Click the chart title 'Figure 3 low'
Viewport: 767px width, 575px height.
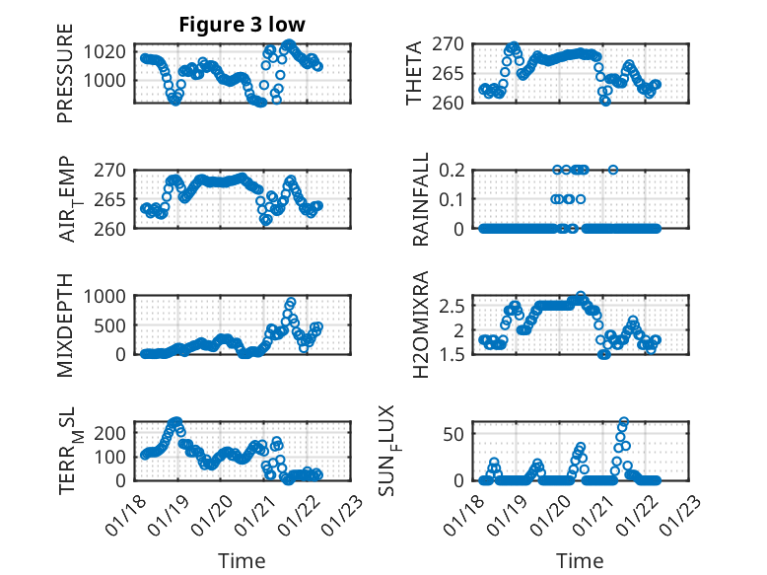[242, 25]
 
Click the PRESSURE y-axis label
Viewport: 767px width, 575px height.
[65, 80]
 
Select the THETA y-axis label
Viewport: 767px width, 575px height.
[415, 73]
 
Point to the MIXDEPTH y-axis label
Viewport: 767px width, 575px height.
[65, 324]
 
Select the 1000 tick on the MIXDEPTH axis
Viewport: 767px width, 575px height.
[109, 295]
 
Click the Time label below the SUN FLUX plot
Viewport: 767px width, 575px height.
[580, 561]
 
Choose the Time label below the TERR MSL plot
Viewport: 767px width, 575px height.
[242, 561]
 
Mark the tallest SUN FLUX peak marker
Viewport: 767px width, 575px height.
[623, 422]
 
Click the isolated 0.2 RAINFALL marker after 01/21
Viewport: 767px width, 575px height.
[613, 170]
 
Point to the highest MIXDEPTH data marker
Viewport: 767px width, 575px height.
[291, 302]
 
